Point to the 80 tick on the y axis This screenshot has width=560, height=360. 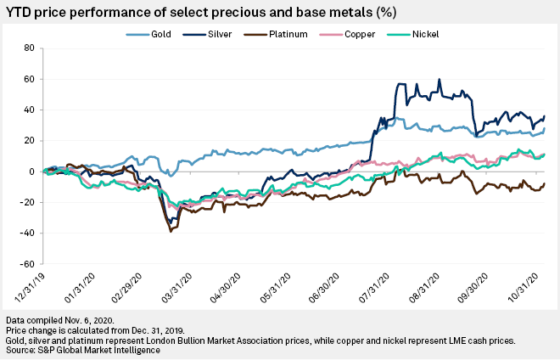[27, 48]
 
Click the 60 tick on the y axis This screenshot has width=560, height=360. [27, 79]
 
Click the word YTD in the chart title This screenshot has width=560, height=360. [21, 11]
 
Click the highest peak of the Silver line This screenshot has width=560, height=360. [439, 80]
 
